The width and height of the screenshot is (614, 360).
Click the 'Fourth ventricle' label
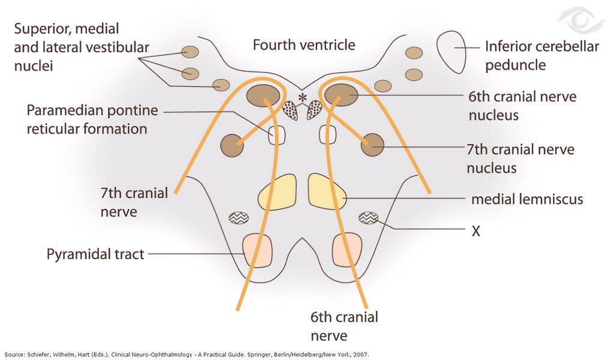[303, 45]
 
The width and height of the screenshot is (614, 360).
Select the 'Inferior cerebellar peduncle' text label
[541, 55]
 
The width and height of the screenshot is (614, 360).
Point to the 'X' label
[475, 231]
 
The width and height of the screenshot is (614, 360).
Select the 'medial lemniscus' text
[526, 199]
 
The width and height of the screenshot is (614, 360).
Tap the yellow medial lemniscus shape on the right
[326, 191]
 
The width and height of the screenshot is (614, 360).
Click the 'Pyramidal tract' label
[95, 254]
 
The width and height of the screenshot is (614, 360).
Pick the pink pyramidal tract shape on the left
[257, 250]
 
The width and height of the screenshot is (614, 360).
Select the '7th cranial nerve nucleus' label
[520, 158]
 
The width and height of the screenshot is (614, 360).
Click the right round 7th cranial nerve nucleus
[372, 145]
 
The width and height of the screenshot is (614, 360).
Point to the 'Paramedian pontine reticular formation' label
[92, 119]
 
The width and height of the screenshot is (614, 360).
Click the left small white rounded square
[276, 135]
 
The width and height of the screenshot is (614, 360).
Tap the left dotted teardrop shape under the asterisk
[290, 110]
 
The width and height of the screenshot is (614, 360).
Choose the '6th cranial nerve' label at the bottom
[344, 325]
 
